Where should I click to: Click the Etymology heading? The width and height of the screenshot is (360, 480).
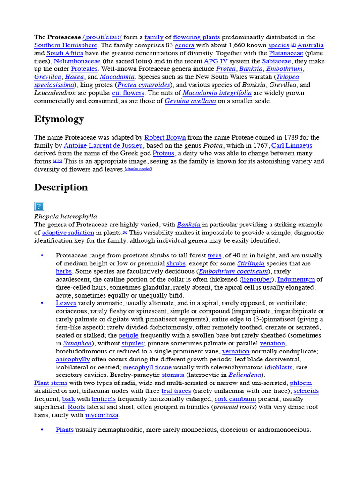(59, 119)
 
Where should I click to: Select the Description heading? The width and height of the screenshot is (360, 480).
(61, 187)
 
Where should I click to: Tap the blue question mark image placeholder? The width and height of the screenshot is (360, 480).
(39, 206)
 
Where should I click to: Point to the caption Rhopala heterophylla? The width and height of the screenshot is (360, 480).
(65, 217)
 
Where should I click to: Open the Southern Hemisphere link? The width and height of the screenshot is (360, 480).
(66, 45)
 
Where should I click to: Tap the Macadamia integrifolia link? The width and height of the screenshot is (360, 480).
(217, 93)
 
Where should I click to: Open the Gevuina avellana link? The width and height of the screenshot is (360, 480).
(190, 101)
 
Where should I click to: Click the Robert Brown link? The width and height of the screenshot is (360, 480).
(165, 138)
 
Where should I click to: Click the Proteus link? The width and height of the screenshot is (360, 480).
(163, 154)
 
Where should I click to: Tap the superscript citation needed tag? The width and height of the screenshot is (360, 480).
(138, 170)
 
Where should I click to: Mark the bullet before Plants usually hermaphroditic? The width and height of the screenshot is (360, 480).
(42, 430)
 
